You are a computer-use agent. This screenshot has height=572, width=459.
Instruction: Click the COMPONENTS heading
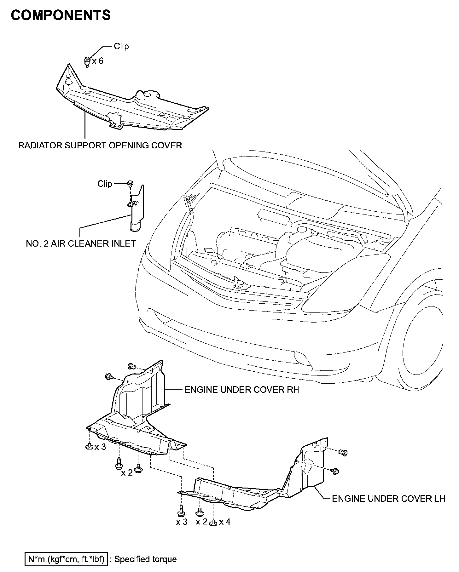click(61, 15)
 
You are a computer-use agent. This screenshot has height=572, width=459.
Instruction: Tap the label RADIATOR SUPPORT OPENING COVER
click(100, 145)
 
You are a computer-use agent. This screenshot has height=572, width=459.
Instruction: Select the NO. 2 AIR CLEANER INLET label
click(81, 243)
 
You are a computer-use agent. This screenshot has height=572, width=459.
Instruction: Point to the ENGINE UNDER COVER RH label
click(241, 390)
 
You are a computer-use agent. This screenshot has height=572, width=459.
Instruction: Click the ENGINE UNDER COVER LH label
click(388, 499)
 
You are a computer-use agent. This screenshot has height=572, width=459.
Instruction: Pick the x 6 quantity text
click(98, 61)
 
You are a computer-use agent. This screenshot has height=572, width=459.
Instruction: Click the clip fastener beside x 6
click(87, 61)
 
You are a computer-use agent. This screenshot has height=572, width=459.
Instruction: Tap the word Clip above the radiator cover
click(121, 46)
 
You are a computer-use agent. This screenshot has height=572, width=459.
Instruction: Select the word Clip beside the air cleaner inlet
click(105, 184)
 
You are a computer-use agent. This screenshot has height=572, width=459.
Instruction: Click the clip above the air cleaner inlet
click(130, 183)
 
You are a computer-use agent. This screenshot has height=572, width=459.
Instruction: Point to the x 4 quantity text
click(225, 522)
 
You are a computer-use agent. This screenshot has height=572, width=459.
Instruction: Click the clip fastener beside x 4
click(213, 523)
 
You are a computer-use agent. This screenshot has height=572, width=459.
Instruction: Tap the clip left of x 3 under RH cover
click(89, 447)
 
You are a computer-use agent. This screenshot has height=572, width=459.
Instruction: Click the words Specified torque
click(145, 559)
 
